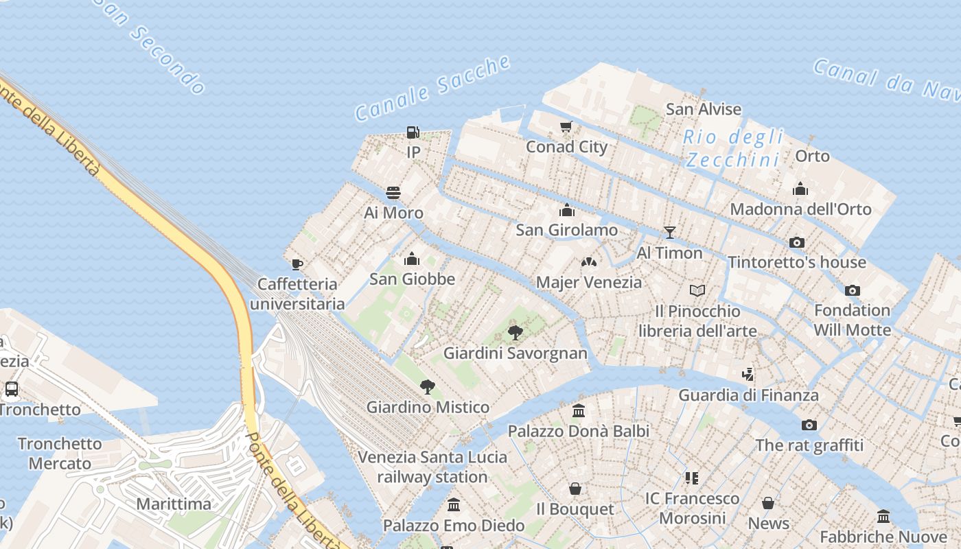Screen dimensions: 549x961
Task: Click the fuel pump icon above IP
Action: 413,132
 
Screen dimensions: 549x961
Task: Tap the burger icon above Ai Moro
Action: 393,193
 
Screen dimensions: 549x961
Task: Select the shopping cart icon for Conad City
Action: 566,126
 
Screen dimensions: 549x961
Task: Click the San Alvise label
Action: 704,109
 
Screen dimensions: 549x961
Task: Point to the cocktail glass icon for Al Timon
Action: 670,233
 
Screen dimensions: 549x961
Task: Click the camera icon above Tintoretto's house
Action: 796,242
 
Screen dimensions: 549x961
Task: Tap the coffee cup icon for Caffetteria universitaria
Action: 297,264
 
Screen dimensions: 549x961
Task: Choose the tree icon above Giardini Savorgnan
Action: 515,333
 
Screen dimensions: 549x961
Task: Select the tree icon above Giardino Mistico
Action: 427,386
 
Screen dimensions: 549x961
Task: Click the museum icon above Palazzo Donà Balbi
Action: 579,411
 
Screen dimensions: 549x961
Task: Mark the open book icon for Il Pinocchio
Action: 697,291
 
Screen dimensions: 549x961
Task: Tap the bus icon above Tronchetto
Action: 12,389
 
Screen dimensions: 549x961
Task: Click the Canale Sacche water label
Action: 432,89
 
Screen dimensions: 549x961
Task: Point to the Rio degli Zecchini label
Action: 734,148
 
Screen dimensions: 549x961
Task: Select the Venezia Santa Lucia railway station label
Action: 432,467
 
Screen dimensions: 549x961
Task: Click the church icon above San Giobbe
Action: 412,259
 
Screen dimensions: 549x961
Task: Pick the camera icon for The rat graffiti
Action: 809,425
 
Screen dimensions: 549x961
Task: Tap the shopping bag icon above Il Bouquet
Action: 575,489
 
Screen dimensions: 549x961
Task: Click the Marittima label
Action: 174,504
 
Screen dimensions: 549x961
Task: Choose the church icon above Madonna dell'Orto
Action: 800,189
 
